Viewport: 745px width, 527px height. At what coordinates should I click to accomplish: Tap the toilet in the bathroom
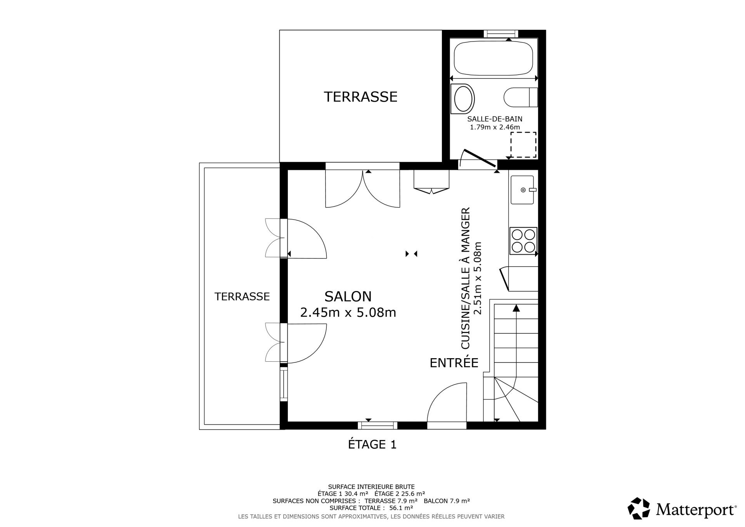(x=521, y=97)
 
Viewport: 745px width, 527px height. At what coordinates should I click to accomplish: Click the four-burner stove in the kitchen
(x=523, y=241)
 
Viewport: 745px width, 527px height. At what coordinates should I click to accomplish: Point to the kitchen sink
(x=522, y=190)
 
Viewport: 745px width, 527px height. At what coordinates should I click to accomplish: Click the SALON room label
(x=348, y=296)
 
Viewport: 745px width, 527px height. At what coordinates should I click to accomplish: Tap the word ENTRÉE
(x=454, y=362)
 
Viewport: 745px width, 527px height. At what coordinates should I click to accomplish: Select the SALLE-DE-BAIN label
(x=495, y=119)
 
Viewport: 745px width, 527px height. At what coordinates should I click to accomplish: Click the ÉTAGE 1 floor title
(x=372, y=444)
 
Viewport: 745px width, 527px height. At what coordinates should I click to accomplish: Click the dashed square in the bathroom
(x=523, y=145)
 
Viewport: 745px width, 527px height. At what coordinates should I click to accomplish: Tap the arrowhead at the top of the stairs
(x=516, y=308)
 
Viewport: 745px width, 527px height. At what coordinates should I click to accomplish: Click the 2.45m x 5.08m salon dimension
(x=348, y=312)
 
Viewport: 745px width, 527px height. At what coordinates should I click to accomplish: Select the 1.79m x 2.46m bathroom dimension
(x=495, y=127)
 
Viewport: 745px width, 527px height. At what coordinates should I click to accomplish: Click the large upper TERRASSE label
(x=360, y=97)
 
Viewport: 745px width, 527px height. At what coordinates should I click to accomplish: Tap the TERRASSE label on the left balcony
(x=242, y=296)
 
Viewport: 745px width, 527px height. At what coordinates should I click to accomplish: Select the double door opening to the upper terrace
(x=362, y=189)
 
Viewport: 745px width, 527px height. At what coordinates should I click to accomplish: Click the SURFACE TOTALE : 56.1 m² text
(x=371, y=508)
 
